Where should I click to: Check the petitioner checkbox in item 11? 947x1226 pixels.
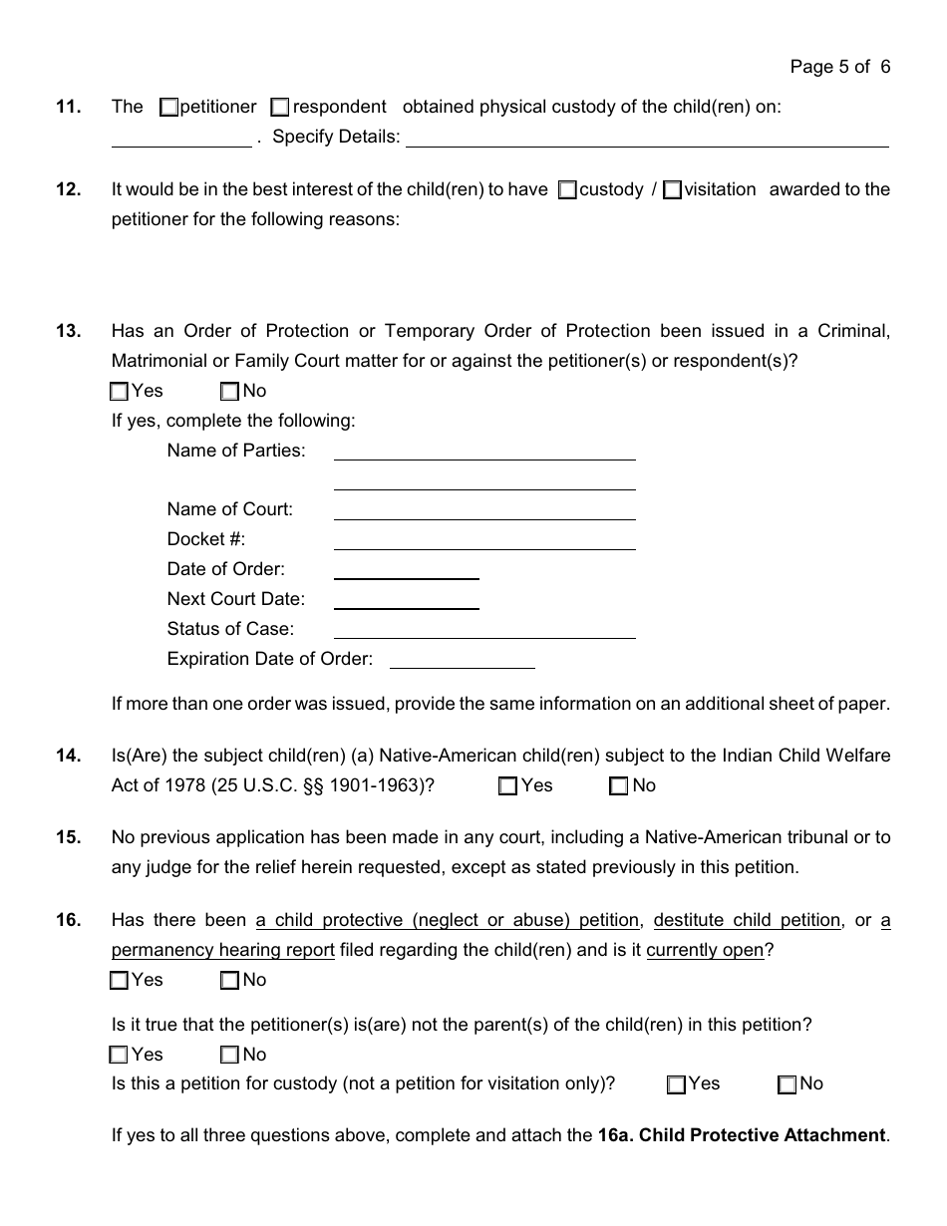[168, 107]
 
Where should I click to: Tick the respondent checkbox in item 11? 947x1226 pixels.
[280, 107]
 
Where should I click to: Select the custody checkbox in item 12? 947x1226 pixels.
[567, 189]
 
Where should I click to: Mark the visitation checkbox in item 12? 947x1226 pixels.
[672, 189]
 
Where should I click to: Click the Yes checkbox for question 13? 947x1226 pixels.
[120, 392]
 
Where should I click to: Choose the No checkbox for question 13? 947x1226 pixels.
[230, 392]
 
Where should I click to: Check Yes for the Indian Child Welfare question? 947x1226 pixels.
[507, 786]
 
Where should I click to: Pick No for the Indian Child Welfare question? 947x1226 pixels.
[618, 786]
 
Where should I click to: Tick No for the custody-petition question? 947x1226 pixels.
[787, 1084]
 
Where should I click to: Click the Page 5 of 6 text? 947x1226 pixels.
[839, 67]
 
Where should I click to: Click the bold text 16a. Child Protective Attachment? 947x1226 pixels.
[741, 1135]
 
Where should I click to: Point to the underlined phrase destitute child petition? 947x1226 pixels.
[747, 920]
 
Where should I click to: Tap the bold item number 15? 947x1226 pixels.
[69, 837]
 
